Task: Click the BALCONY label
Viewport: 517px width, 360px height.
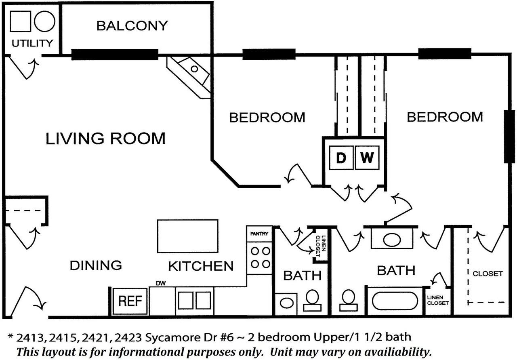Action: [x=132, y=26]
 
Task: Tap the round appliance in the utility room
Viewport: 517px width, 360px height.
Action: [x=44, y=21]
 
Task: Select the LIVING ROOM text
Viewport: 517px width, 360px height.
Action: [x=105, y=139]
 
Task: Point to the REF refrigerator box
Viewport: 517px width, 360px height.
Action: [x=130, y=301]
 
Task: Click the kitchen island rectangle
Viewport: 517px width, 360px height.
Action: [x=187, y=236]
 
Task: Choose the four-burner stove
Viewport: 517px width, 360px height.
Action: [x=260, y=258]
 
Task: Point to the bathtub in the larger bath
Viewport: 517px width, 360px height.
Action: [x=395, y=301]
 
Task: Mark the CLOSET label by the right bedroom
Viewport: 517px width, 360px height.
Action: [x=488, y=274]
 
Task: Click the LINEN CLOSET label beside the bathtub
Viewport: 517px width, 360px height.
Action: [x=438, y=300]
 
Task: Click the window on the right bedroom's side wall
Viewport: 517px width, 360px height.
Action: [x=507, y=137]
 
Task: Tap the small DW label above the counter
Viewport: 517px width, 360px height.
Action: [x=161, y=284]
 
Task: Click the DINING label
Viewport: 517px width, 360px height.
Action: [x=96, y=265]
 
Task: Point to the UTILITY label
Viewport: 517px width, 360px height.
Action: [x=32, y=43]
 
